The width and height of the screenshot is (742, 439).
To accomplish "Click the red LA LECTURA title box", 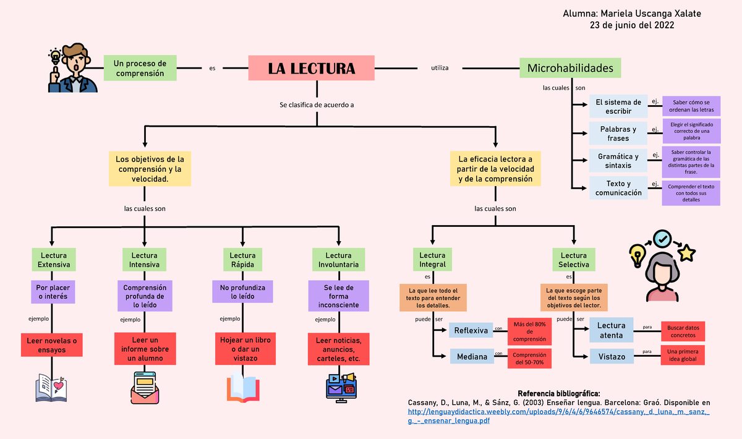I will (312, 68).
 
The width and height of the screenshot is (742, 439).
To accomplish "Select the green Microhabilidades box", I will (570, 67).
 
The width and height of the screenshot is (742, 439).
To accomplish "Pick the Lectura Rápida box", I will (242, 260).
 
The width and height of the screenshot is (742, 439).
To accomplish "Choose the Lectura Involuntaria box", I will (338, 260).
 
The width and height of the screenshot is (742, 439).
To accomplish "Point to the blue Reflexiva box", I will (471, 331).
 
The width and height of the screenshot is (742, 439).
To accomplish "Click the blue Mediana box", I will (471, 357).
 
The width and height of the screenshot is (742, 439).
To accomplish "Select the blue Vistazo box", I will (612, 357).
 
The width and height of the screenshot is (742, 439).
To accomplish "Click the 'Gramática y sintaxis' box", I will (618, 161).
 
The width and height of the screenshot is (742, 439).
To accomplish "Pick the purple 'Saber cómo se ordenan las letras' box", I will (691, 106).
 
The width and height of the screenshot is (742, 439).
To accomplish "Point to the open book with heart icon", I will (52, 388).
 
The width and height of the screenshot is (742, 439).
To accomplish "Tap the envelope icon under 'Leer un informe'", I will (145, 387).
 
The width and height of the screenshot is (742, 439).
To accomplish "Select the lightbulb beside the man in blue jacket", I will (55, 57).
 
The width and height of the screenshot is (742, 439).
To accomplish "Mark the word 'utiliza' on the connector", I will (440, 67).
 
